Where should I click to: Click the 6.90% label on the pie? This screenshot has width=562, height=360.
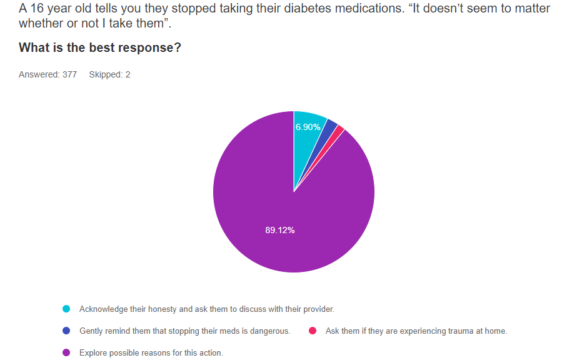[x=308, y=127]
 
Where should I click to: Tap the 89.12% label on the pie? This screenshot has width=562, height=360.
[x=280, y=230]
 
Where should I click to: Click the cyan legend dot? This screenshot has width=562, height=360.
[x=66, y=309]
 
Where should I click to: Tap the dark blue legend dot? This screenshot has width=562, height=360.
[x=66, y=331]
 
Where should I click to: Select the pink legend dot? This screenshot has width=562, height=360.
[x=313, y=331]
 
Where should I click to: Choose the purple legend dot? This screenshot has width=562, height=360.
[x=66, y=353]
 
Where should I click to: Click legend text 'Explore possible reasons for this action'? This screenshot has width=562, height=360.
[x=151, y=353]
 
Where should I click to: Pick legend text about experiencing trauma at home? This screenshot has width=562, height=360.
[x=416, y=331]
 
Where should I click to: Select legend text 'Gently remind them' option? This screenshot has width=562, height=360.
[x=184, y=331]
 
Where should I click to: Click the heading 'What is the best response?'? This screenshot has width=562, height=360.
[x=100, y=47]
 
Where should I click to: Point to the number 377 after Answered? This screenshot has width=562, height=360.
[x=69, y=74]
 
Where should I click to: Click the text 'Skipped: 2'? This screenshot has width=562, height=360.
[x=109, y=74]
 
